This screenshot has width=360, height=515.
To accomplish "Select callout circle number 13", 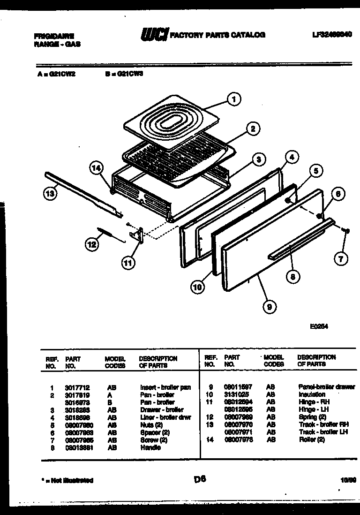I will (50, 192).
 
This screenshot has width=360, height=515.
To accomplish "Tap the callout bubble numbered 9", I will (269, 307).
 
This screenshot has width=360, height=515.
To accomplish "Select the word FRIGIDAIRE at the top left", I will (54, 36).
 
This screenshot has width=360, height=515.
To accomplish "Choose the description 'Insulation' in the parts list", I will (311, 394).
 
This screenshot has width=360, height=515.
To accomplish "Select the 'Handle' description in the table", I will (150, 447).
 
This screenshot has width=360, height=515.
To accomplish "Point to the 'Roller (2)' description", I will (311, 439).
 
